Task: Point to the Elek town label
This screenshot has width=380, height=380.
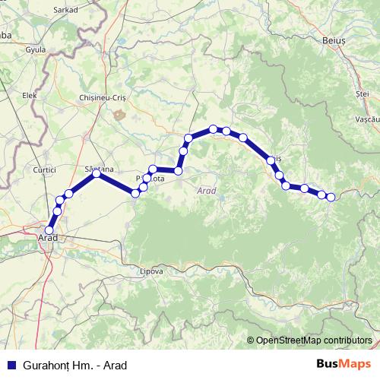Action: click(30, 96)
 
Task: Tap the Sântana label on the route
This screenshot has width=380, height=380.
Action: click(100, 167)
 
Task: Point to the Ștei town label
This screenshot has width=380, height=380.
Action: click(362, 93)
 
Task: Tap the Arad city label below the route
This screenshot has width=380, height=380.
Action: click(48, 239)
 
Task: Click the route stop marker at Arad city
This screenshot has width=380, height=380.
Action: click(50, 230)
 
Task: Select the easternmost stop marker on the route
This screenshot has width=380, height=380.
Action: click(331, 198)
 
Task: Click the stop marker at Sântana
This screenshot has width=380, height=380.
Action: click(97, 174)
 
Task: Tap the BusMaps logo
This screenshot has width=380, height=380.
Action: click(344, 364)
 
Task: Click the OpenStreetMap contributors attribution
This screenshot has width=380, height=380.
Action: click(313, 340)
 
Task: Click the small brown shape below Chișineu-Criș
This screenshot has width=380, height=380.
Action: click(119, 114)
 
